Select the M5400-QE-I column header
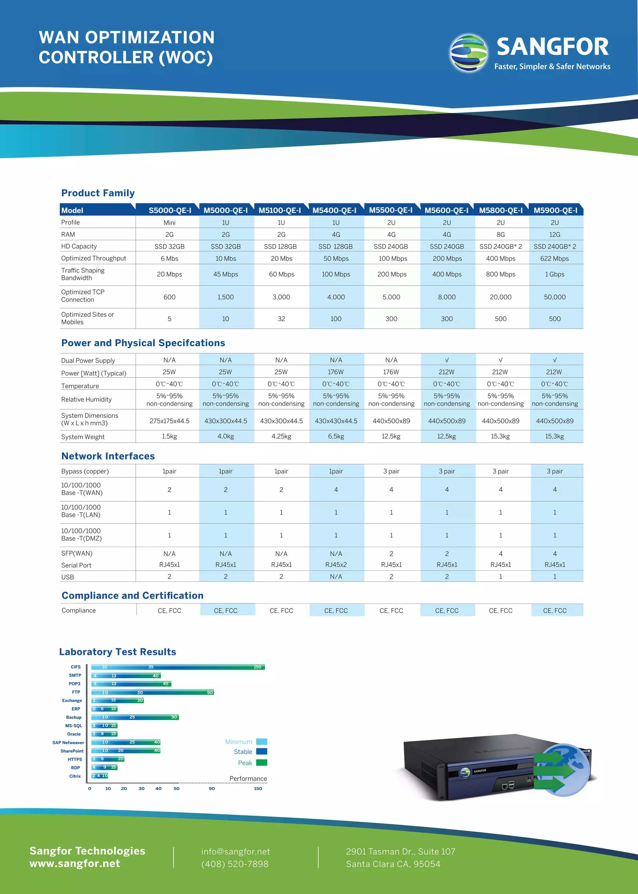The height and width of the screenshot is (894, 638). [x=334, y=210]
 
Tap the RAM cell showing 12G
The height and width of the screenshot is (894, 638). [x=554, y=235]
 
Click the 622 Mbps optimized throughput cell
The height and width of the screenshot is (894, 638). [x=554, y=259]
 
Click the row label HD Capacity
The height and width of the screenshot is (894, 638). [x=79, y=246]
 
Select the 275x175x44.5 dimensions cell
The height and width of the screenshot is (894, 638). [x=169, y=421]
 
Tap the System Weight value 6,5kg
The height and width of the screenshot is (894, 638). [x=336, y=436]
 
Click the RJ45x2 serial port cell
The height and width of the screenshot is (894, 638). [x=336, y=565]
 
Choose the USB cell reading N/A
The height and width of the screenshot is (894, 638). [x=336, y=577]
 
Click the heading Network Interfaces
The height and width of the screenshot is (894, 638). [x=108, y=456]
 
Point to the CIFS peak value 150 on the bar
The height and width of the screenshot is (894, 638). [x=257, y=667]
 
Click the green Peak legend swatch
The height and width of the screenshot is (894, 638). [x=262, y=762]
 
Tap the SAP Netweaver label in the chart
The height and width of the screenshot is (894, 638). [x=68, y=742]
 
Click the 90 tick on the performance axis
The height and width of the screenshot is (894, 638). [x=212, y=789]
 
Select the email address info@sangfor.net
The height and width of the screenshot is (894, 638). [x=236, y=852]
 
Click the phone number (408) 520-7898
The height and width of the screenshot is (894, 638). [x=235, y=864]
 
